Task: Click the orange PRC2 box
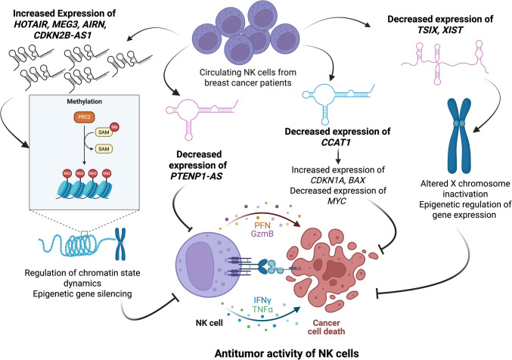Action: (84, 117)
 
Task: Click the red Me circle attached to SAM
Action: (114, 127)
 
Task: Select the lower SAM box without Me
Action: (104, 149)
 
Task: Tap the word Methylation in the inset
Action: (84, 101)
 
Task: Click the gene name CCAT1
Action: (337, 142)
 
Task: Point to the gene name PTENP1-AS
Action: (196, 176)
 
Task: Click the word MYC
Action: (337, 201)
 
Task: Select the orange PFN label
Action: (262, 225)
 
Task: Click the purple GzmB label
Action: (262, 234)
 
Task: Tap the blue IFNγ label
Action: (262, 300)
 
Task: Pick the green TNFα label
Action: (262, 309)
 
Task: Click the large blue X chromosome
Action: (459, 135)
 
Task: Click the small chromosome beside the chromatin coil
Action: (120, 244)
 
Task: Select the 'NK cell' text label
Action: (209, 323)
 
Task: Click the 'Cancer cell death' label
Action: (326, 327)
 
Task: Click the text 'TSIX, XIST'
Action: (440, 30)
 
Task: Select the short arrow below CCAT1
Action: (338, 157)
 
